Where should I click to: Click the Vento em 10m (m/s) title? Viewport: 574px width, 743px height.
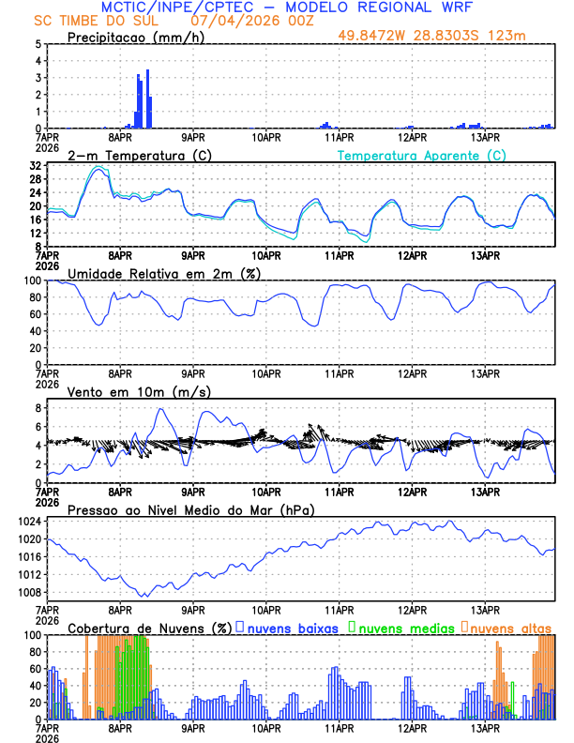pyautogui.click(x=139, y=391)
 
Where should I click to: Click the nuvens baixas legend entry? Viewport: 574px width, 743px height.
pyautogui.click(x=292, y=628)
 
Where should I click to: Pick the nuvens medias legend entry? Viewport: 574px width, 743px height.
pyautogui.click(x=403, y=628)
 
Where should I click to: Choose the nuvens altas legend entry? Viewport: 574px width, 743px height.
pyautogui.click(x=511, y=628)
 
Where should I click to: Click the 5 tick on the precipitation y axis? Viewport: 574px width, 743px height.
pyautogui.click(x=38, y=44)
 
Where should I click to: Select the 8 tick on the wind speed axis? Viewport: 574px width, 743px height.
pyautogui.click(x=38, y=408)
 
